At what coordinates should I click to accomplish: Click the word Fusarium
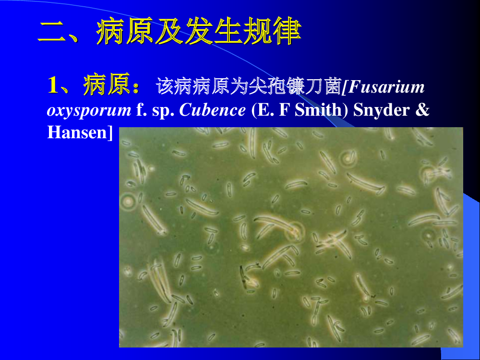(386, 86)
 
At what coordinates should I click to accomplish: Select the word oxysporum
(89, 111)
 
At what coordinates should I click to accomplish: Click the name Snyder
(382, 111)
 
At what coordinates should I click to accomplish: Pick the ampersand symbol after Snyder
(422, 110)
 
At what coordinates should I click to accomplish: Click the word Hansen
(76, 132)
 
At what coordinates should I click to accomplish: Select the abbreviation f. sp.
(155, 110)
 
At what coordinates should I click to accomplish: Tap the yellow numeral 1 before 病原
(53, 85)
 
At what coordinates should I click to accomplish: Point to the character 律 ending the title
(287, 31)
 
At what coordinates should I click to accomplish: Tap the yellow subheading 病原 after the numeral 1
(107, 84)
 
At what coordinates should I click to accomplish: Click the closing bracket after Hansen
(110, 133)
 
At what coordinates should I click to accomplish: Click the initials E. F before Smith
(274, 110)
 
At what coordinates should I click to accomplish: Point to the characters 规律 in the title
(273, 31)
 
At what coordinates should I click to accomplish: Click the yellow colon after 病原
(136, 87)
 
